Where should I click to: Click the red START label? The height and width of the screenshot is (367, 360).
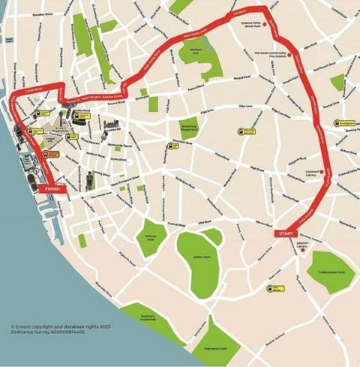pos(286,234)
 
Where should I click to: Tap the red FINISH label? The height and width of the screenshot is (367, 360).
pos(52,190)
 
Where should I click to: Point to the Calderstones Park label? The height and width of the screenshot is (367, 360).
pos(331,272)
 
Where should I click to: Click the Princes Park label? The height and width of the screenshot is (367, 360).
pos(149,237)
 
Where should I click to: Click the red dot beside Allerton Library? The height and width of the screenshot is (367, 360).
pos(304,251)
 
